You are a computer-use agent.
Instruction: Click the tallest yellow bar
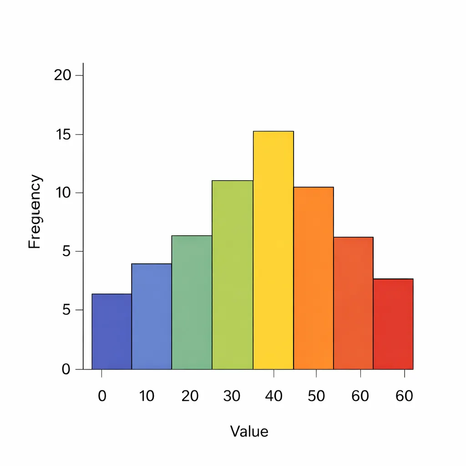273,250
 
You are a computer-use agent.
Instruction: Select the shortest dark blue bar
111,331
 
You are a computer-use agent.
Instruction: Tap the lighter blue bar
152,316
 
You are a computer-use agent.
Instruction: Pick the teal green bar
192,302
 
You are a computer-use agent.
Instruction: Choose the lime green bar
232,275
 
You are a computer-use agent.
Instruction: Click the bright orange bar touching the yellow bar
314,278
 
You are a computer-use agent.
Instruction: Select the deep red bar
393,324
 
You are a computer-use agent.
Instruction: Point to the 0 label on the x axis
102,396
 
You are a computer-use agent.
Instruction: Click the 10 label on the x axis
147,396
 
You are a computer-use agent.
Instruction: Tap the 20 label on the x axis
190,396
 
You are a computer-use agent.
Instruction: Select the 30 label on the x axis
232,396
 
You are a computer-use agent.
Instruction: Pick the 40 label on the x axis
274,396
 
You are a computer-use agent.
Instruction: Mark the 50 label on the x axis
316,396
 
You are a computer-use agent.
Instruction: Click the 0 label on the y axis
66,369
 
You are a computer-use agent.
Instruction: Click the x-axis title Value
249,431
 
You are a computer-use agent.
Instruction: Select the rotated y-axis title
35,212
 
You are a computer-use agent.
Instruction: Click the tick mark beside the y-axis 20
80,75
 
